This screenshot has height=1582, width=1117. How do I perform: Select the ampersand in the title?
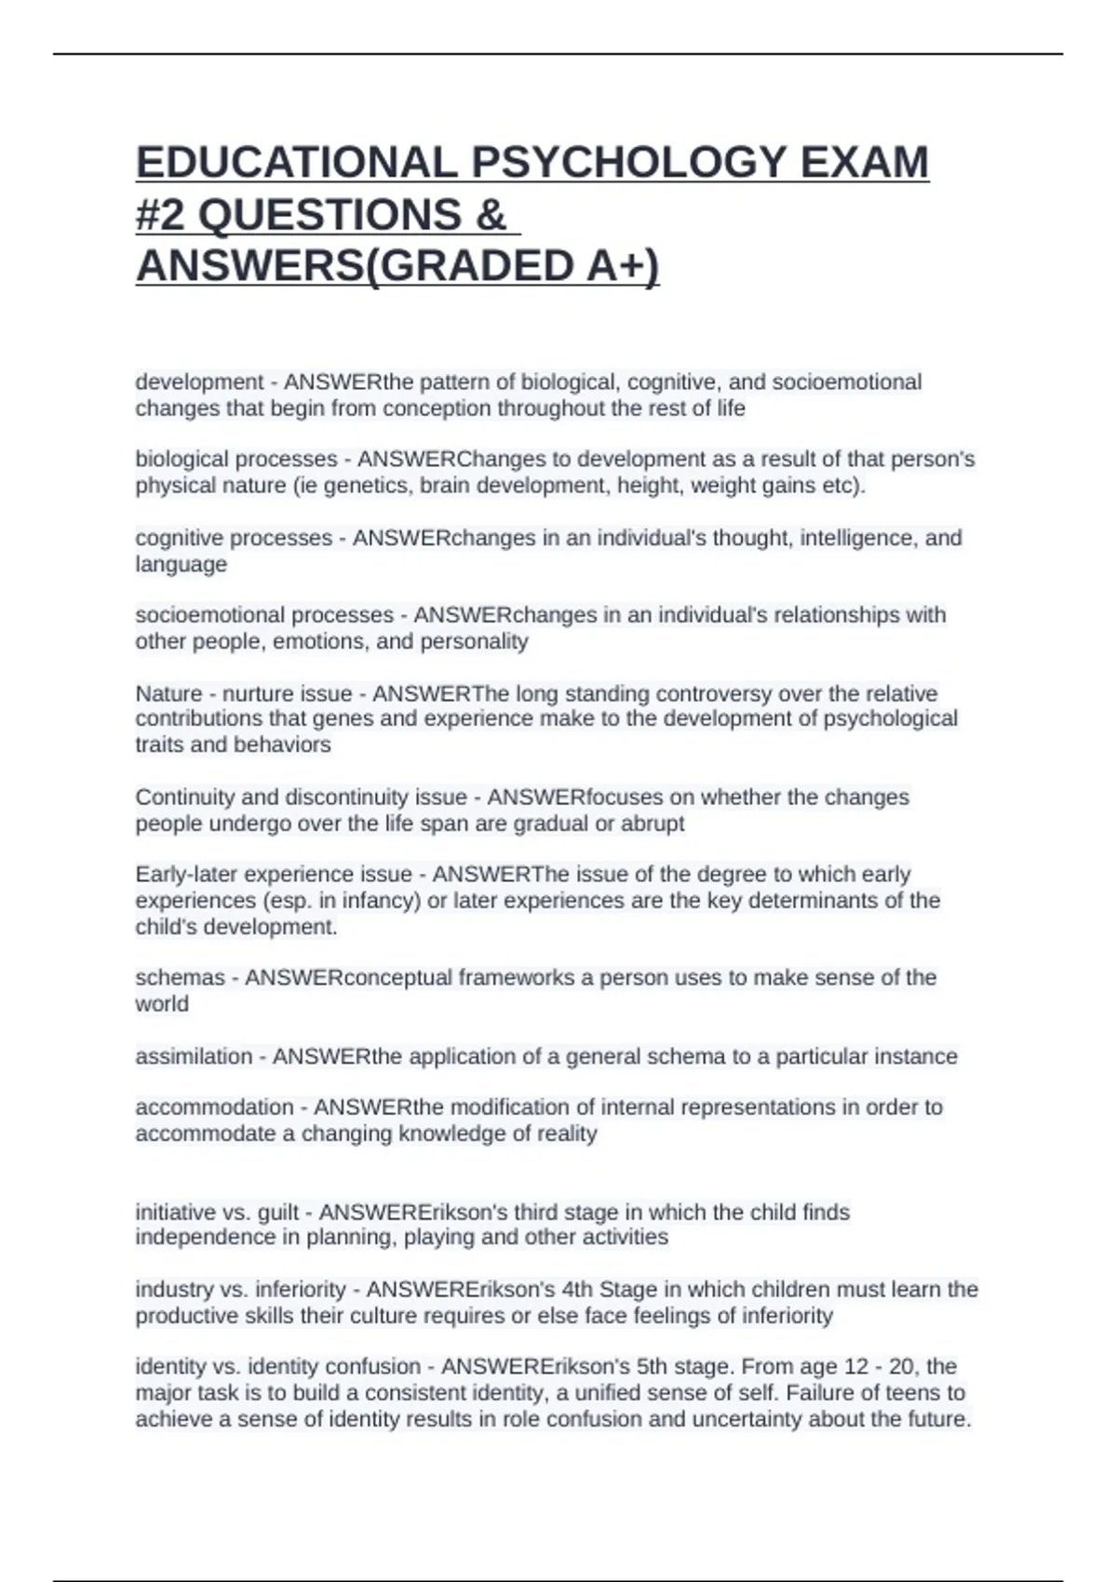pyautogui.click(x=490, y=215)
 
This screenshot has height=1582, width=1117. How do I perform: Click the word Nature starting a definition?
pyautogui.click(x=168, y=693)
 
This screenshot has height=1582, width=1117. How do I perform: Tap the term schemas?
pyautogui.click(x=180, y=978)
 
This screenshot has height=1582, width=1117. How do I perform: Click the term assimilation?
pyautogui.click(x=194, y=1057)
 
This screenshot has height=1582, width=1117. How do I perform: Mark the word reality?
pyautogui.click(x=566, y=1133)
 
